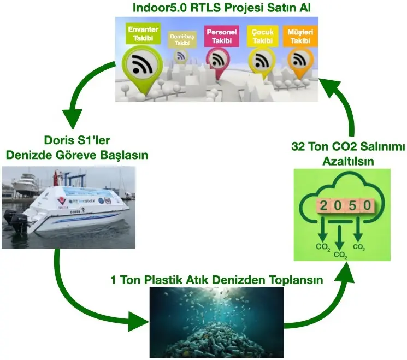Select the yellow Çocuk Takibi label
pyautogui.click(x=260, y=36)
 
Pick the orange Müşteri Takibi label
pyautogui.click(x=299, y=36)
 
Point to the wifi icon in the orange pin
pyautogui.click(x=298, y=58)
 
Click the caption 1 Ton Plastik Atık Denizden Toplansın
pyautogui.click(x=216, y=280)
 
